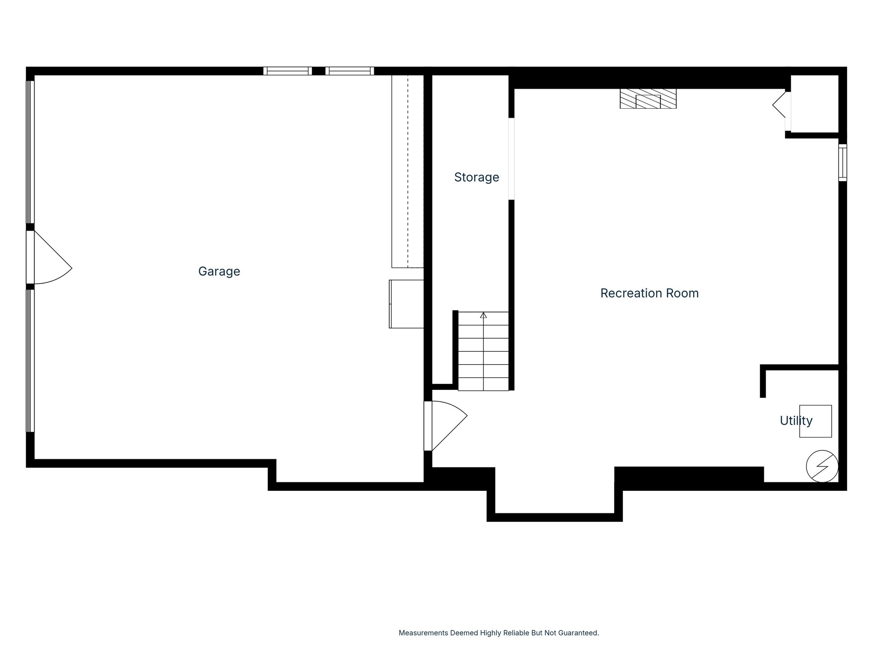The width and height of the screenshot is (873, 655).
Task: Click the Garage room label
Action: (219, 272)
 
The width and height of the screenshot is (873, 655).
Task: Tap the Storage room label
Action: (477, 177)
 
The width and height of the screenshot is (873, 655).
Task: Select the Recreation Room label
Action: (649, 293)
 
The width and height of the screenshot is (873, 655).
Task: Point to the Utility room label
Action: (796, 421)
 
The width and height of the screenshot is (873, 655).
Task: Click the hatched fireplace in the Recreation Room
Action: (648, 99)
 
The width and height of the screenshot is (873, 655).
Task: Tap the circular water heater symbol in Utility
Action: (822, 466)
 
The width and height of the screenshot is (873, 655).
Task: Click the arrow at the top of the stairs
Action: (483, 315)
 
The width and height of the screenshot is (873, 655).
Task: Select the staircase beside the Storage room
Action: (483, 351)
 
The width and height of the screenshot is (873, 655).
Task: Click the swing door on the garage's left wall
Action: (49, 257)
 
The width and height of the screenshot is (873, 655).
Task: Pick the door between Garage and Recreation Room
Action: (445, 426)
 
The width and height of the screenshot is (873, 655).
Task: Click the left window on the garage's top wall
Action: (288, 71)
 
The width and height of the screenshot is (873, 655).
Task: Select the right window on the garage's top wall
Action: (350, 71)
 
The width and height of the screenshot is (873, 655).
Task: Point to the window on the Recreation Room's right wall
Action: (843, 162)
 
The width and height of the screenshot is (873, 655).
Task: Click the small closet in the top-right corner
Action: (815, 104)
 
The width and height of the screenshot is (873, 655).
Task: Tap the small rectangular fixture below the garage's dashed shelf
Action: (406, 304)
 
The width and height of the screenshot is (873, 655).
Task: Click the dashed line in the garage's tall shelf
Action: (408, 171)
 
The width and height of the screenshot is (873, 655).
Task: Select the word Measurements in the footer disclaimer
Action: (423, 633)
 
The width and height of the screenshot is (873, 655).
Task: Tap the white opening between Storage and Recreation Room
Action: (512, 159)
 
